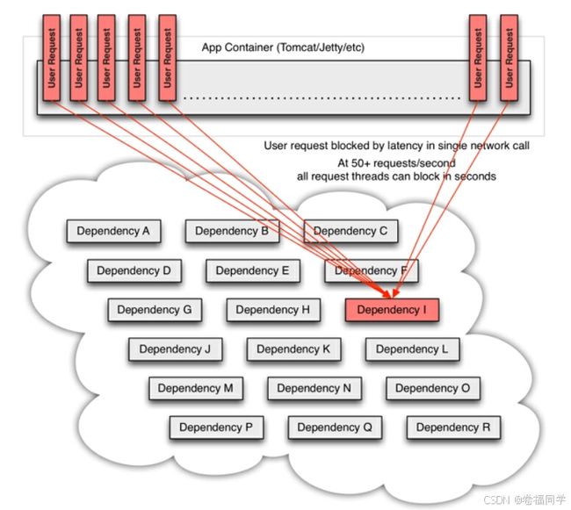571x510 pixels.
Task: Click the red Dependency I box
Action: [x=392, y=310]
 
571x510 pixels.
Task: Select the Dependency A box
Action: [x=113, y=231]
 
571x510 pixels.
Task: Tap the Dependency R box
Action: [x=453, y=427]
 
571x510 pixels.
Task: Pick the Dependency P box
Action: [x=216, y=427]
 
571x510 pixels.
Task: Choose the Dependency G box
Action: [x=155, y=310]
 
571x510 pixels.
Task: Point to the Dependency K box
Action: [x=293, y=349]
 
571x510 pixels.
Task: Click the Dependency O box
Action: [x=433, y=388]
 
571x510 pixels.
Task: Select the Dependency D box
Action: [x=134, y=270]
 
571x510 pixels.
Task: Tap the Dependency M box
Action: [x=196, y=388]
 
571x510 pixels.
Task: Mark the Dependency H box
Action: [x=273, y=310]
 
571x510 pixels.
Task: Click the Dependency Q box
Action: [x=335, y=427]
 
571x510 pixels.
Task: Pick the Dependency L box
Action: [x=412, y=349]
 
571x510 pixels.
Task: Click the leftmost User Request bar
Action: [x=51, y=58]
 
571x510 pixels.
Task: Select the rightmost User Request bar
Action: [x=510, y=58]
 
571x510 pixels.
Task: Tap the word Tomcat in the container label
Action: [x=296, y=47]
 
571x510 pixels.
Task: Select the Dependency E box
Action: [x=253, y=270]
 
